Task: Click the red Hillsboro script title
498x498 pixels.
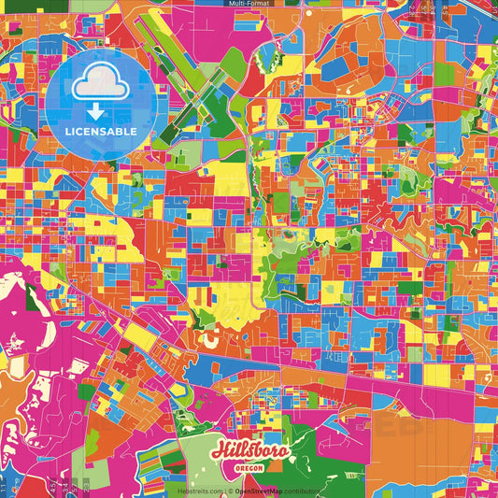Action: pyautogui.click(x=249, y=452)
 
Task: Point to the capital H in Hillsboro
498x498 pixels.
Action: pyautogui.click(x=219, y=451)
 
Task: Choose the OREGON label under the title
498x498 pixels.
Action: pyautogui.click(x=249, y=469)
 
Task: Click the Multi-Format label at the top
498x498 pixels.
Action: pyautogui.click(x=249, y=4)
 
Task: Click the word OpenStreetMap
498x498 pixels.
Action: pyautogui.click(x=261, y=490)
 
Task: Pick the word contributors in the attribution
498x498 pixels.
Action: pyautogui.click(x=304, y=490)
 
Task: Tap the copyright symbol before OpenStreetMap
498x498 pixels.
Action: pyautogui.click(x=230, y=490)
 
